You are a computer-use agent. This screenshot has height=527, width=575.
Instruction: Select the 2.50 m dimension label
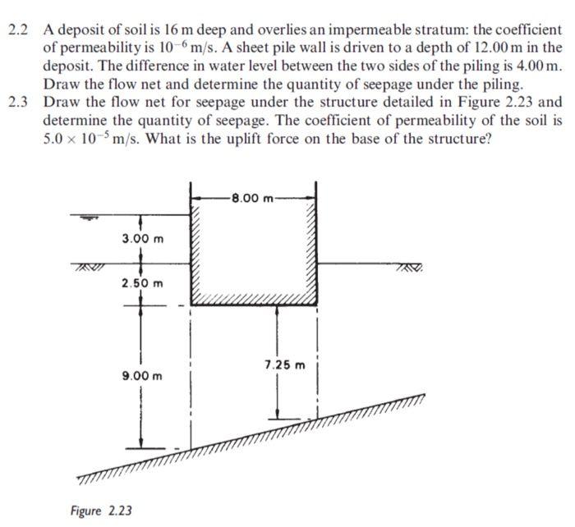pyautogui.click(x=141, y=283)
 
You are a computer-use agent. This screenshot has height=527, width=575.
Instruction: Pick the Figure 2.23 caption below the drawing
pyautogui.click(x=101, y=510)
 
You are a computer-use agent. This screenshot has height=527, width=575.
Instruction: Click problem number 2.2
pyautogui.click(x=18, y=30)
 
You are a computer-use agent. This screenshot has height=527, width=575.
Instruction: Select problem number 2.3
pyautogui.click(x=18, y=103)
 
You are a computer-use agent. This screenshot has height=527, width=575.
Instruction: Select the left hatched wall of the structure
pyautogui.click(x=195, y=246)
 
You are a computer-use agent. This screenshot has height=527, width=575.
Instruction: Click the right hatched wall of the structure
pyautogui.click(x=312, y=246)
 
